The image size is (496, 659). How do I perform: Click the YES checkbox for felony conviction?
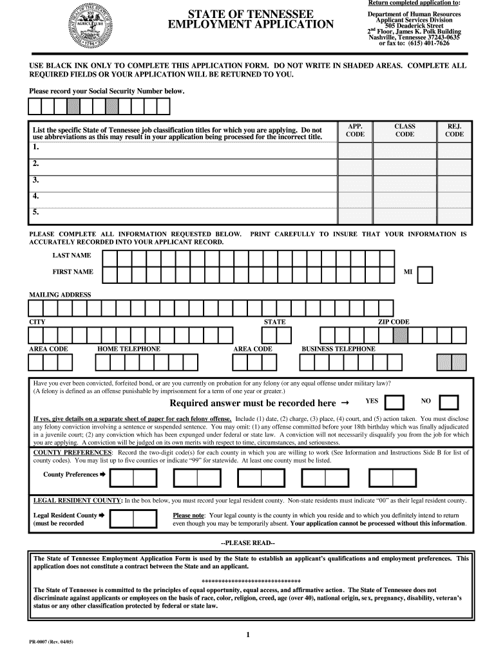[394, 402]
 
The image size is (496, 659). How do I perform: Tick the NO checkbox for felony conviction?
[448, 402]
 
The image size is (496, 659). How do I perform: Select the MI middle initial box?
[425, 275]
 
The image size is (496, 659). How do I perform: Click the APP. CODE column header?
[355, 131]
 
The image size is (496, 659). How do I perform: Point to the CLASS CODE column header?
[405, 131]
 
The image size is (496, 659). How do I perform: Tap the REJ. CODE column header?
[454, 131]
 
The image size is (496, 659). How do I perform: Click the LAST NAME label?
[72, 255]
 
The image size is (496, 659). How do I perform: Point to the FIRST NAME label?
[72, 272]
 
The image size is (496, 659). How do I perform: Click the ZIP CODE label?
[393, 322]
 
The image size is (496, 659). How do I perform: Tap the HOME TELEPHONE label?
[129, 349]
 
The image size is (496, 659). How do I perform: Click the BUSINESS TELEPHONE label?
[338, 349]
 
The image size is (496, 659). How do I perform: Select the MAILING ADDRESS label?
[60, 295]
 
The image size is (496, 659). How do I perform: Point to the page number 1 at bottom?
[248, 635]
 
